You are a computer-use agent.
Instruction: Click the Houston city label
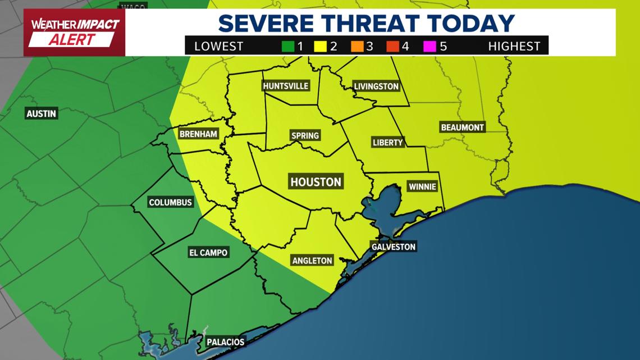[316, 182]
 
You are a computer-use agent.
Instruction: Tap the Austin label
[42, 113]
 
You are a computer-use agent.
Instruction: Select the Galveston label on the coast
[393, 247]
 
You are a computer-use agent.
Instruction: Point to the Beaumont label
[462, 127]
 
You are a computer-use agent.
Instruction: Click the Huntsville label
[285, 86]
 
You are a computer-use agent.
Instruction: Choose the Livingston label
[376, 86]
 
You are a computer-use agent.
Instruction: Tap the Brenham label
[198, 134]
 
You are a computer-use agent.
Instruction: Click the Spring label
[305, 135]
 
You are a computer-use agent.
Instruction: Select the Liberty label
[387, 143]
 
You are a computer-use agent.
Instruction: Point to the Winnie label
[422, 187]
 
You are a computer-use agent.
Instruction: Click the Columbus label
[170, 202]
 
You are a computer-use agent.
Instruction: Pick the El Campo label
[208, 253]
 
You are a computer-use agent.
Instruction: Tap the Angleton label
[312, 261]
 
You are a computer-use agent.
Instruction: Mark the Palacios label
[225, 342]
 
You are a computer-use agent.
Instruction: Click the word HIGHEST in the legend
[514, 46]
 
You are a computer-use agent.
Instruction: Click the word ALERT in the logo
[71, 40]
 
